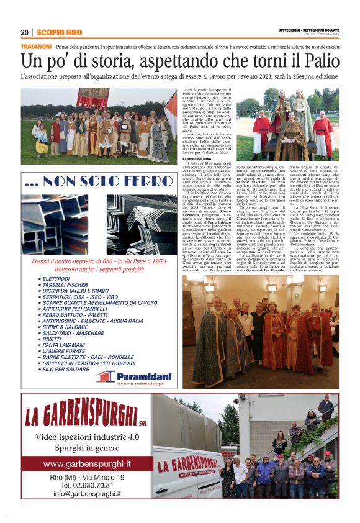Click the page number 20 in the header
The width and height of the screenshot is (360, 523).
(x=25, y=32)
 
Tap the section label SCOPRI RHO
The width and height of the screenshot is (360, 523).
(x=59, y=32)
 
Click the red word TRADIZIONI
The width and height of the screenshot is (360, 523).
(x=36, y=47)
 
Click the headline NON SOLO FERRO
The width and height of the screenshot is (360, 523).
(x=99, y=181)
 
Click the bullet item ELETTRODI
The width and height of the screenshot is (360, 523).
(x=56, y=279)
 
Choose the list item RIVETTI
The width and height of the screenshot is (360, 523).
(x=53, y=339)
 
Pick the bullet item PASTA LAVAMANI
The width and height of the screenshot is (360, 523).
(x=64, y=345)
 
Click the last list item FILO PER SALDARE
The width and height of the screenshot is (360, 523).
(x=66, y=369)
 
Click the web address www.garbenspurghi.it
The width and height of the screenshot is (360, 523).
(x=87, y=464)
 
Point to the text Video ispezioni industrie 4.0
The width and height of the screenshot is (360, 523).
(x=87, y=436)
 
